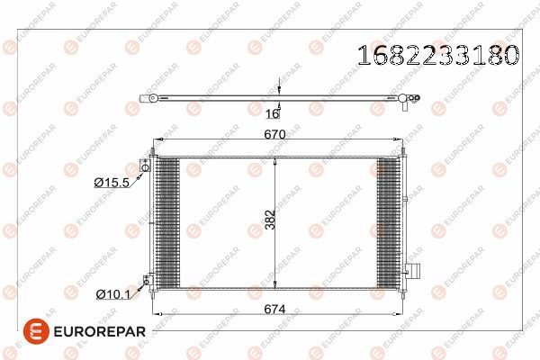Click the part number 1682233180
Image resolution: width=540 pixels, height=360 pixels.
[438, 55]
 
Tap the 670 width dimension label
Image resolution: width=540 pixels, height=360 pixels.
[274, 134]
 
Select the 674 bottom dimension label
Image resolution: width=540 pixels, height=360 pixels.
[274, 309]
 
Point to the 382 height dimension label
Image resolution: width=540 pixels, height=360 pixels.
[271, 220]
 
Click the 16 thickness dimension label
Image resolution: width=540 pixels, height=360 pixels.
[272, 113]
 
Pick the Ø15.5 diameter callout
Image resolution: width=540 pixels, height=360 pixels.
[112, 182]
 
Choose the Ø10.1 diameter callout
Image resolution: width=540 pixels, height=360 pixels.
[113, 294]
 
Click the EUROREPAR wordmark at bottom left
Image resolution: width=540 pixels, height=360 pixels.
[100, 332]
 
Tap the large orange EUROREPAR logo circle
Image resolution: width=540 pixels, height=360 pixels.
[36, 331]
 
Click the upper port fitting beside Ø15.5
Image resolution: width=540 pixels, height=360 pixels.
[145, 166]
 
